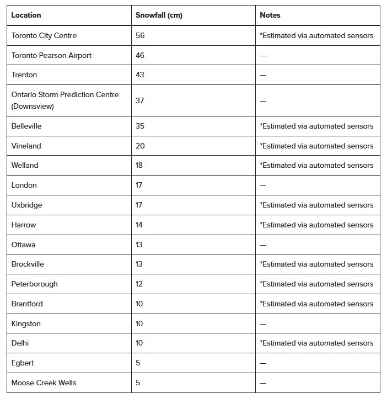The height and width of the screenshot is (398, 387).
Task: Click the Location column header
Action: [26, 15]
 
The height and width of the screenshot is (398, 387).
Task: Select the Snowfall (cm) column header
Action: [159, 15]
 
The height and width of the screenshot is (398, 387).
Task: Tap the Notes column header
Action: [270, 15]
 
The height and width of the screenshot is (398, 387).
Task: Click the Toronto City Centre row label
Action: [44, 35]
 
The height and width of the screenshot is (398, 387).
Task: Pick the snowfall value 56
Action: [140, 35]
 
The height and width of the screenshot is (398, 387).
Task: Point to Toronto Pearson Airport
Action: [51, 55]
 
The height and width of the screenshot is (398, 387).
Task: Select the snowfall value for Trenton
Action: [140, 75]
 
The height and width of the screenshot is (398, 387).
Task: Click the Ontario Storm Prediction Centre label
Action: [64, 95]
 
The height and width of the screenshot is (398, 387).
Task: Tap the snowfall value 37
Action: [140, 100]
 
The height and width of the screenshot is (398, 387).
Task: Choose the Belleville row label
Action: [26, 126]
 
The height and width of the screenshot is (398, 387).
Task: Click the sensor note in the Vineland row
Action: [316, 146]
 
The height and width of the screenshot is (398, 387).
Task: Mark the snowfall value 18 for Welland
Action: [139, 165]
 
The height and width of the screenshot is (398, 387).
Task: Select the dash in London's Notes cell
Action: [263, 185]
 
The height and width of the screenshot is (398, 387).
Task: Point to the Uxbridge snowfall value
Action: [139, 205]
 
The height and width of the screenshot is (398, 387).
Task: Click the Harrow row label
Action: [24, 225]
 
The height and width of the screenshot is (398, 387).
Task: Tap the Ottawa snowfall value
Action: [139, 245]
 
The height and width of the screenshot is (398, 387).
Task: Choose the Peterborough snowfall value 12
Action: [139, 284]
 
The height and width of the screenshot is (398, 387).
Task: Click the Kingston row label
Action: [26, 323]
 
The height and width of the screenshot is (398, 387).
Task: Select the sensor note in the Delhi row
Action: [316, 343]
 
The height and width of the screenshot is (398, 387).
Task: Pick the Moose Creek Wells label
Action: [44, 383]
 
